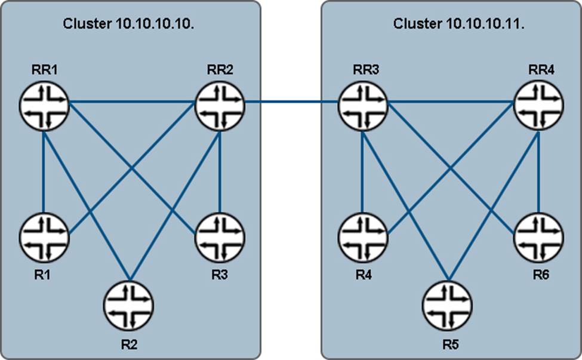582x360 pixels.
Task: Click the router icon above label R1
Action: click(x=44, y=237)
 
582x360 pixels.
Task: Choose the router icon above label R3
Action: click(x=220, y=237)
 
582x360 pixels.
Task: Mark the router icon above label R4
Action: click(x=363, y=237)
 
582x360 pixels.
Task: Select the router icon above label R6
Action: click(x=540, y=237)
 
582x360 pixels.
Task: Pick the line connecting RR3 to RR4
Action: click(x=451, y=102)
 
